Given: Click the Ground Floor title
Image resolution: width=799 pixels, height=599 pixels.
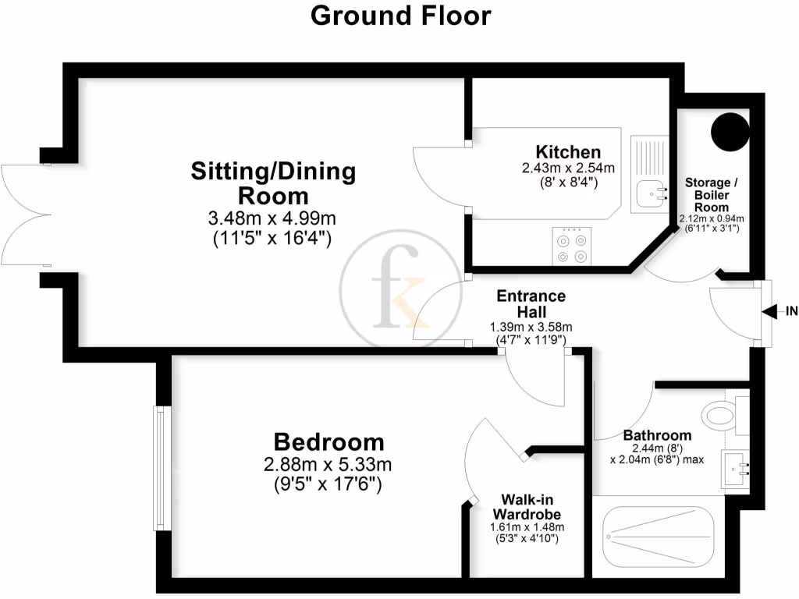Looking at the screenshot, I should click(401, 16).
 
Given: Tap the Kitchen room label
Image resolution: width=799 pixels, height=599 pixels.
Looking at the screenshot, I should click(567, 151).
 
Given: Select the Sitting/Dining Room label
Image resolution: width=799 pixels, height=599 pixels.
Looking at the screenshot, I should click(273, 183).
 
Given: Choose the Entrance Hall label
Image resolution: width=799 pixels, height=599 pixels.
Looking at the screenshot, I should click(531, 304).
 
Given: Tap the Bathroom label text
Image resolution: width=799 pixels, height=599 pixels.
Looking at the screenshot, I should click(657, 435).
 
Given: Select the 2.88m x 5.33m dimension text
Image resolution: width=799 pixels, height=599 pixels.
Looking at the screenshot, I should click(328, 465).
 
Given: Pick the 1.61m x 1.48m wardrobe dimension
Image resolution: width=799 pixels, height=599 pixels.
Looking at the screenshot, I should click(526, 527).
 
